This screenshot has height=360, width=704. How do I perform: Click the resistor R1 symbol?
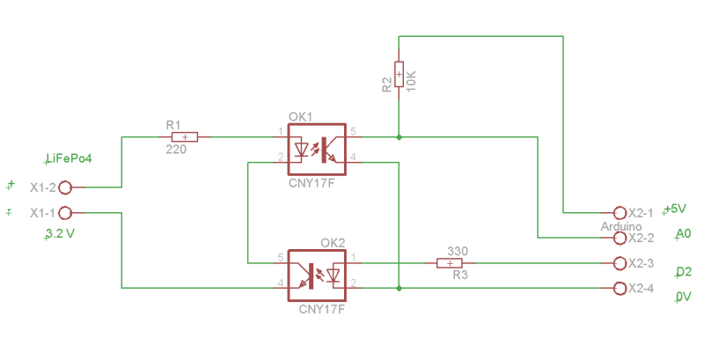185,137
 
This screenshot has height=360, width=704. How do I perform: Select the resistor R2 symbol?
400,74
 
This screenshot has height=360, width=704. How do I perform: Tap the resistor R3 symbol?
450,262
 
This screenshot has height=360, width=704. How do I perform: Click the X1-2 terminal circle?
64,187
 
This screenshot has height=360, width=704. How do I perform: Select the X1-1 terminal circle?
64,213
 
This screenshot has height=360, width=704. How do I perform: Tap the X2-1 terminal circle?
620,213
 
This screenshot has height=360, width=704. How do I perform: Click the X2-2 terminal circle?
620,238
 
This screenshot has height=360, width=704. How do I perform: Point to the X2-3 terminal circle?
620,263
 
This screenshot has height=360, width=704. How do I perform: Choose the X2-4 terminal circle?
620,288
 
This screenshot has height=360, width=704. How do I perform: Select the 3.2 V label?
60,235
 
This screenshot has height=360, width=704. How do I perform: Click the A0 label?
684,234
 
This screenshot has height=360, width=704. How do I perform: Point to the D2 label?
684,272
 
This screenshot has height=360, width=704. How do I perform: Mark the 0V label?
684,298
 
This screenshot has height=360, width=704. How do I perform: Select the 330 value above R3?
457,251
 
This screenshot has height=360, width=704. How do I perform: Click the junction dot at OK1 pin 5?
400,137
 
